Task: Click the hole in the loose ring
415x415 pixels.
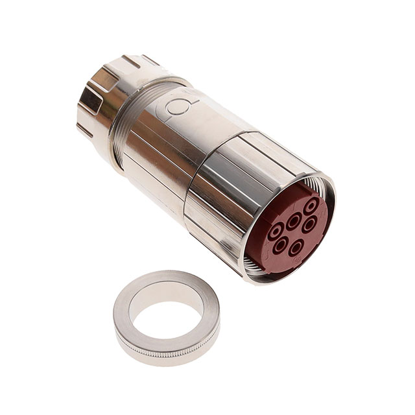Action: pos(165,316)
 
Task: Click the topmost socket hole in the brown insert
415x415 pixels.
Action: pos(311,206)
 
